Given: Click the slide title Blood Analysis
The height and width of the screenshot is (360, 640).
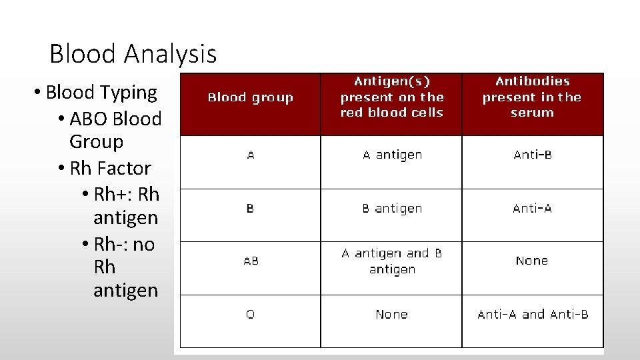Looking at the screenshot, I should click(133, 53).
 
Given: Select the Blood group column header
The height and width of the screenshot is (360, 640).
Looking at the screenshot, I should click(250, 97).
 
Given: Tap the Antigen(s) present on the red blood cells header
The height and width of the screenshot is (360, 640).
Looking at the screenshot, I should click(391, 97).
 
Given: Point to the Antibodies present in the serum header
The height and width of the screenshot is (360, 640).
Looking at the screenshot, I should click(531, 97).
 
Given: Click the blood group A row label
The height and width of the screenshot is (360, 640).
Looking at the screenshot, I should click(250, 155).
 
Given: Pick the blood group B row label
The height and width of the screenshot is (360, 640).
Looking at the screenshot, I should click(250, 208).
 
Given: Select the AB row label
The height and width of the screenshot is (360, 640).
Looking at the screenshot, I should click(250, 261).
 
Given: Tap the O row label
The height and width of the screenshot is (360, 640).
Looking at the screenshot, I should click(250, 314).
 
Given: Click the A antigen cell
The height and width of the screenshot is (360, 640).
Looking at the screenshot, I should click(391, 155).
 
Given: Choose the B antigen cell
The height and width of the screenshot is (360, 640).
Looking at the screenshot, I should click(391, 208).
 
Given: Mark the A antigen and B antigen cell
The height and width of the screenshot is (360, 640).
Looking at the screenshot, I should click(391, 261).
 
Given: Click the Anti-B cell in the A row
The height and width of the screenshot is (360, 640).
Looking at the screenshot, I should click(531, 155).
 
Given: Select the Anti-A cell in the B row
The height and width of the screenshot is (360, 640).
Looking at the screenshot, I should click(531, 208).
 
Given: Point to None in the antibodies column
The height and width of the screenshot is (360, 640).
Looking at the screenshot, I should click(531, 261).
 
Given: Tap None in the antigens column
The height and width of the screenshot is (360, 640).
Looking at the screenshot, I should click(391, 314).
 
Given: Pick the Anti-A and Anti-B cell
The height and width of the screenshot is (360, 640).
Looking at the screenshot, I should click(532, 314).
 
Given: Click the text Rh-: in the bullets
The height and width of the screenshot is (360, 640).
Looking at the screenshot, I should click(113, 244).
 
